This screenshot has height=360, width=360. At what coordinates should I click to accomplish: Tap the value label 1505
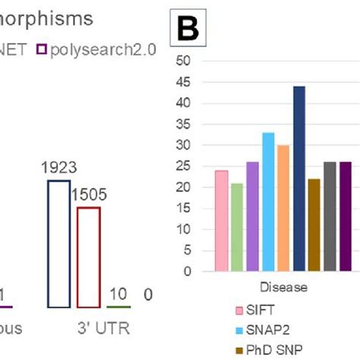click(89, 194)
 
